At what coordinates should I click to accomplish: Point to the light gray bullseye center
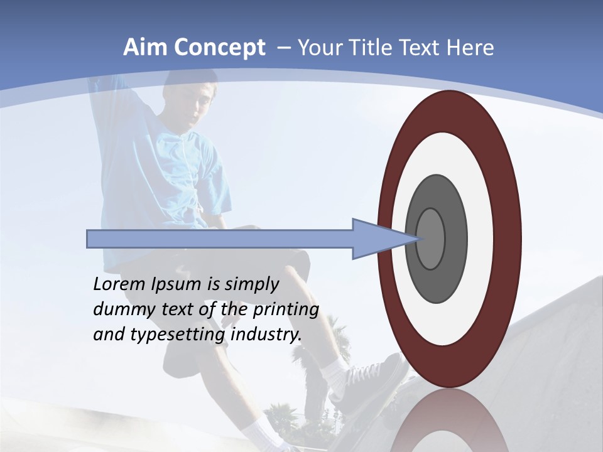[431, 239]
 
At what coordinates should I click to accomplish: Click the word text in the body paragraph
[175, 310]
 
